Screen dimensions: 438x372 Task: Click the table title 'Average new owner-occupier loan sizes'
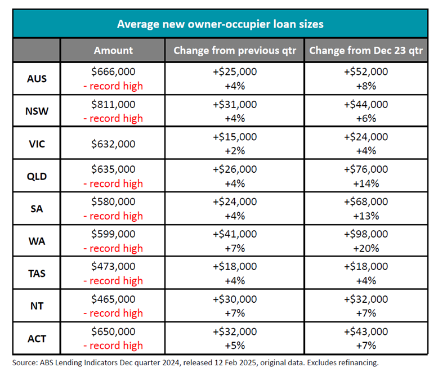220,24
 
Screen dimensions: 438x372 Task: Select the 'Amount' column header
113,51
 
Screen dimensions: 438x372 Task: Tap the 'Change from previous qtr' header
235,51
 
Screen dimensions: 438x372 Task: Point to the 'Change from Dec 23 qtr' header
366,51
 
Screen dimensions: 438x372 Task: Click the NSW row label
37,111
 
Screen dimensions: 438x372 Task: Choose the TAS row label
37,274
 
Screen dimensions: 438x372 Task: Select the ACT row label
37,339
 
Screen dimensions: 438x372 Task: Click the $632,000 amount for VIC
113,144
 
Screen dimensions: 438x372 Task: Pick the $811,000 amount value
113,105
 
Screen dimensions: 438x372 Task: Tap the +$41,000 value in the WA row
235,234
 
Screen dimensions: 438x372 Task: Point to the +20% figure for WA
366,248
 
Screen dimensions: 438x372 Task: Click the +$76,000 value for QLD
366,169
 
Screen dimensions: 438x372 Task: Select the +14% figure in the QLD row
366,183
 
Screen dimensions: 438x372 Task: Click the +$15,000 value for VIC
235,137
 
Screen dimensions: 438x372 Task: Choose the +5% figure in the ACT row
235,346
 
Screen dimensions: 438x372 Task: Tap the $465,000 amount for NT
113,299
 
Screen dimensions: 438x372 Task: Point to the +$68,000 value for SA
366,201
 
